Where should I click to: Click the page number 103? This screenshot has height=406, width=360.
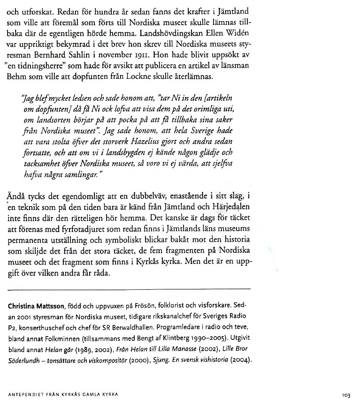click(346, 395)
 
